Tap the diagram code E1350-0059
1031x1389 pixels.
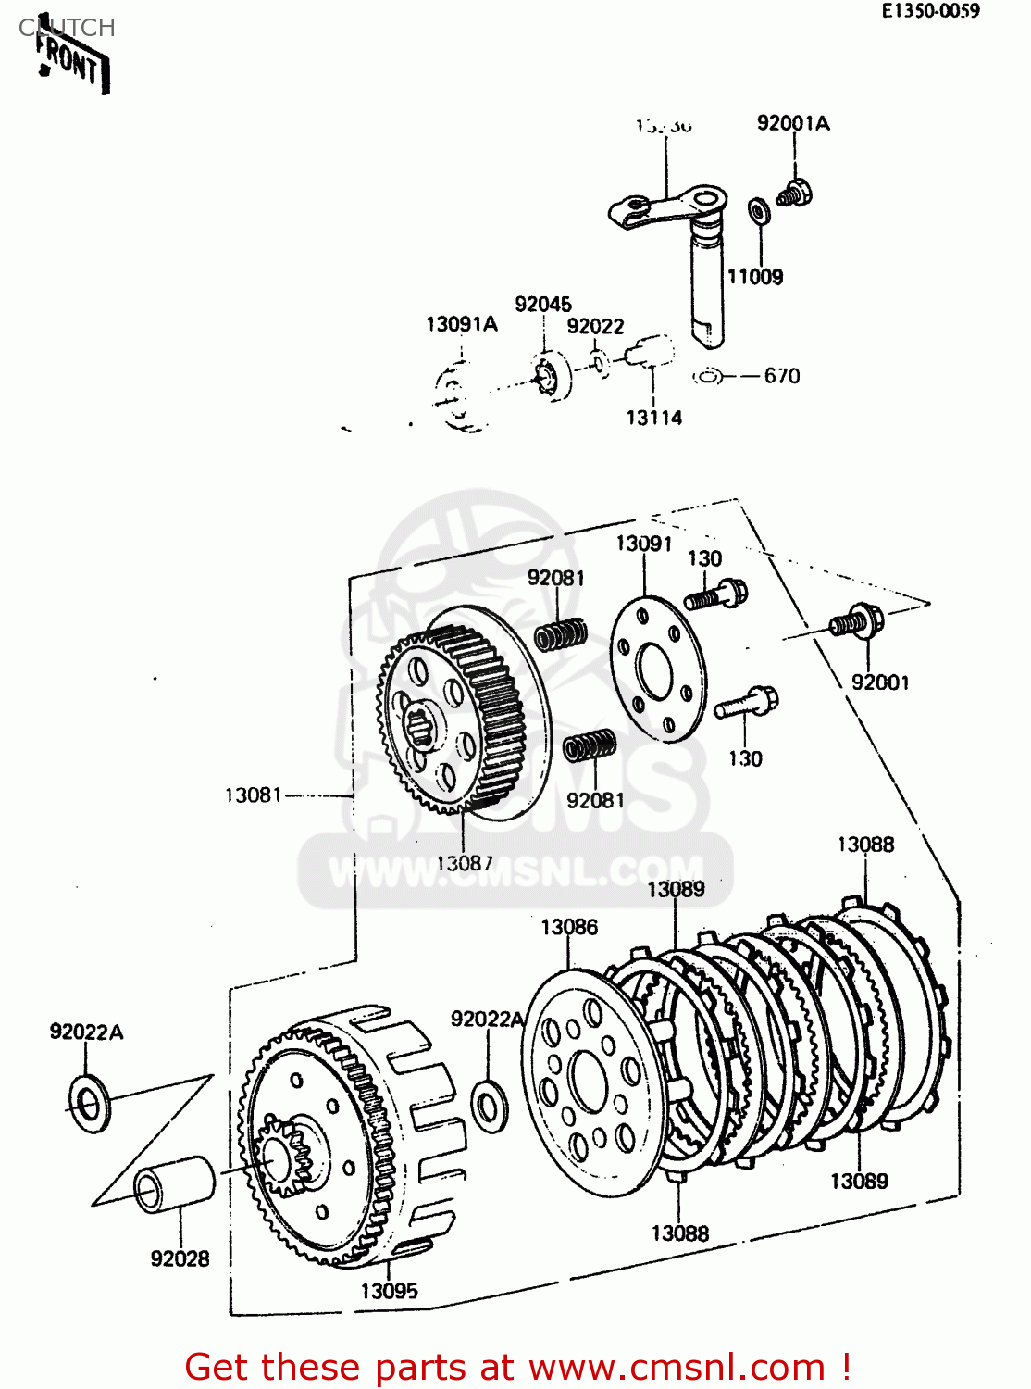tap(929, 11)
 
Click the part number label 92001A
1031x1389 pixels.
tap(793, 123)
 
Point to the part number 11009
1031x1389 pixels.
tap(754, 277)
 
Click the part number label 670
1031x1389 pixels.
tap(782, 376)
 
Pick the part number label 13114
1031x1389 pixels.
tap(653, 418)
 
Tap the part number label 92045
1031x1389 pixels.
tap(543, 305)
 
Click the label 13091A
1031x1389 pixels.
tap(461, 324)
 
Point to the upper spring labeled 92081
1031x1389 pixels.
tap(561, 635)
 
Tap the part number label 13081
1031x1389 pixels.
tap(253, 795)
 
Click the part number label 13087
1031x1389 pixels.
tap(465, 863)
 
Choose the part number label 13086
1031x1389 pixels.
tap(569, 927)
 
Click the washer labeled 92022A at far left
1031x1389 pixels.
tap(89, 1104)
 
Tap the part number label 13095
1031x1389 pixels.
tap(389, 1291)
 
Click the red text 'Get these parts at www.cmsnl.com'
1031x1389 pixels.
tap(516, 1367)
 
